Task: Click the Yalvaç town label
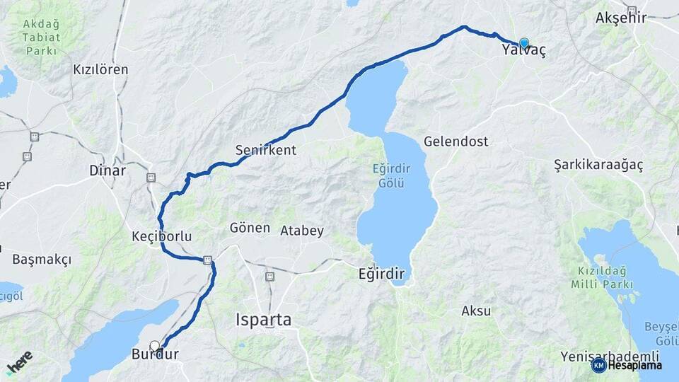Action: (523, 51)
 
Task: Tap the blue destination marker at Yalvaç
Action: (524, 43)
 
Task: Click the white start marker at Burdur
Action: (155, 346)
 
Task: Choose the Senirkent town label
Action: (266, 150)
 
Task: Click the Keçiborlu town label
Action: (162, 236)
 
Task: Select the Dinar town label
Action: (108, 170)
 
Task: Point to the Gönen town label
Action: (250, 228)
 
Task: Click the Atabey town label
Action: (302, 231)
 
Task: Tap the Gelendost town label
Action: (456, 141)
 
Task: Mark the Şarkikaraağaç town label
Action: (598, 165)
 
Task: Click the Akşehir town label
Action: (622, 17)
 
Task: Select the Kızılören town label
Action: (100, 69)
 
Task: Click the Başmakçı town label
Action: (42, 260)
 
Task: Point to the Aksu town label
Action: (476, 311)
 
